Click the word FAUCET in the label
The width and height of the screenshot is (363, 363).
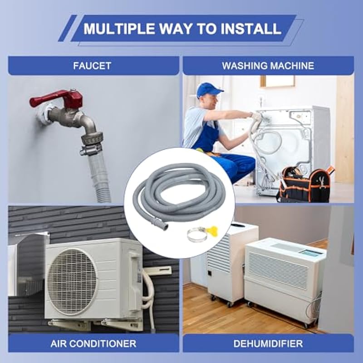click(92, 66)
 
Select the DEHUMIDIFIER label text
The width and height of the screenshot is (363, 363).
click(268, 343)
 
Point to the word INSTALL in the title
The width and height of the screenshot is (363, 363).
click(251, 29)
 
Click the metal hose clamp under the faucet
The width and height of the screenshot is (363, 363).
click(91, 149)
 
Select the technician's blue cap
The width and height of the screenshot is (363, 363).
click(208, 90)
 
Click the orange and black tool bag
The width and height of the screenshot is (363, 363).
click(305, 184)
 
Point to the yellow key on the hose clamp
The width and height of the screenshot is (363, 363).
click(212, 230)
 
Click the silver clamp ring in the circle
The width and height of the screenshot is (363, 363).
click(197, 234)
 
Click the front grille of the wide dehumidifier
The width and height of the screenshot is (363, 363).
click(278, 271)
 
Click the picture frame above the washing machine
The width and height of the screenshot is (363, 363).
click(278, 81)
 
